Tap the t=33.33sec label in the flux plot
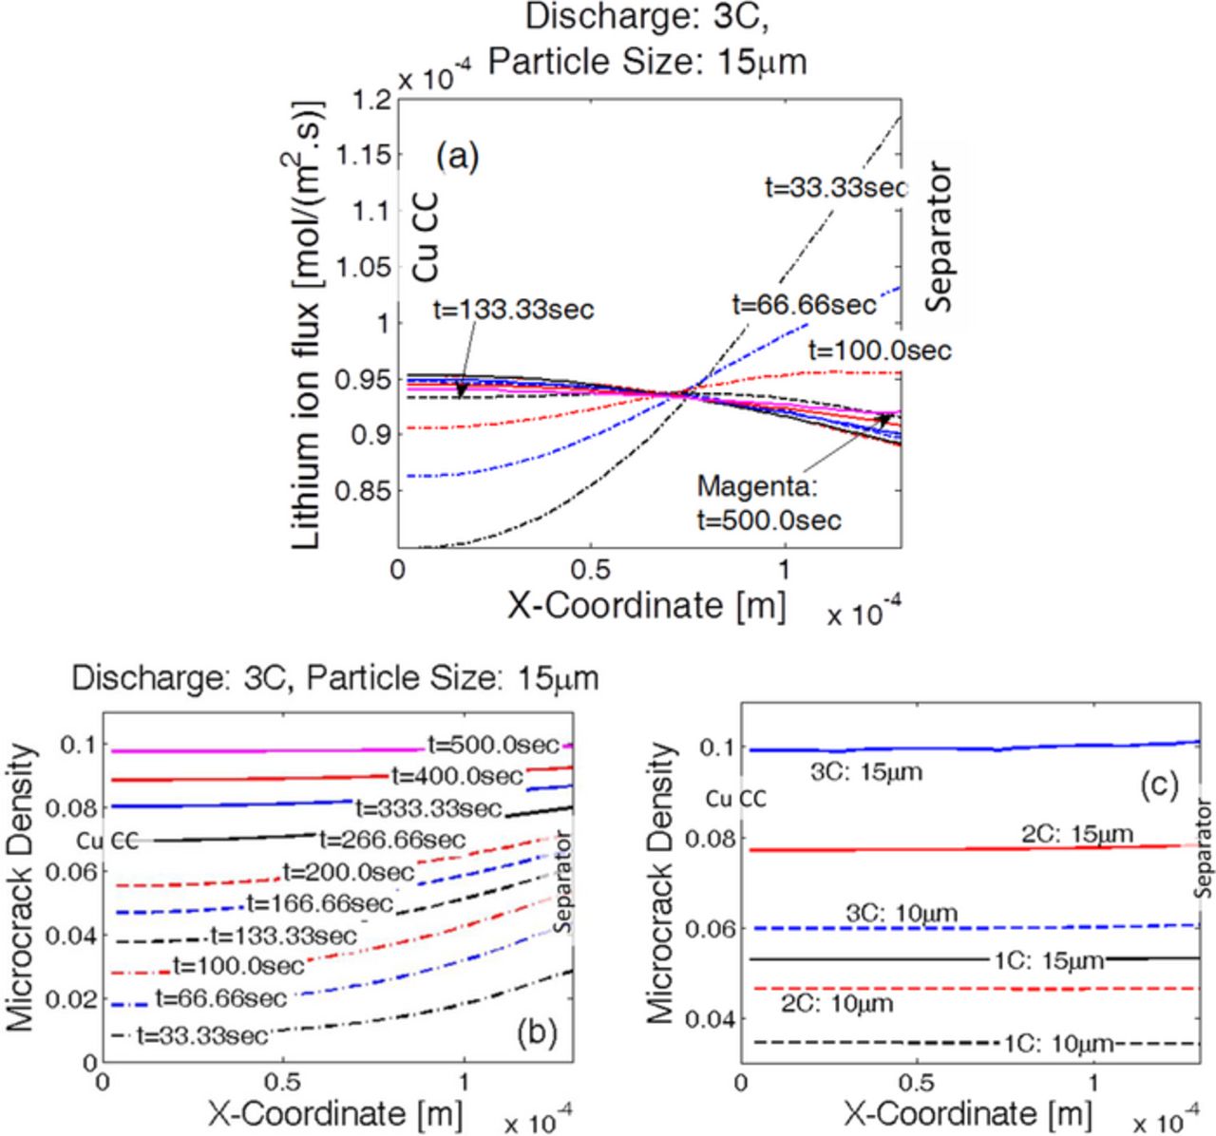836,187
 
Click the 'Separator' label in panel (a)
940,238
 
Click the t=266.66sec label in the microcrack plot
392,840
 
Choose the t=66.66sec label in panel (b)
220,998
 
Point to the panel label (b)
537,1032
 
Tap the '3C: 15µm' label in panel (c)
865,771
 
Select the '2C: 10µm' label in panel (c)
837,1003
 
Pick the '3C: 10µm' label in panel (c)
902,914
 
